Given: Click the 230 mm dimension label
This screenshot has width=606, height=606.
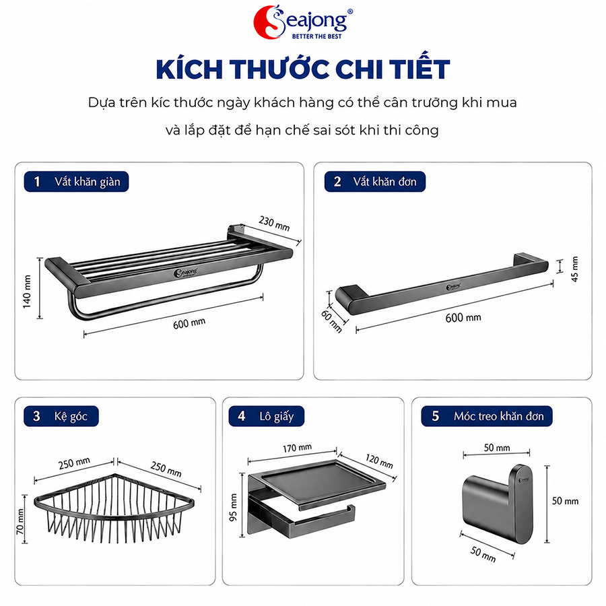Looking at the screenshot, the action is coord(274,224).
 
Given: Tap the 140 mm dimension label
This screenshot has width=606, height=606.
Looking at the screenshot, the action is coord(27,292).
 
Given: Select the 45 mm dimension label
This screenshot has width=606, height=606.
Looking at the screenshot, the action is coord(574,269).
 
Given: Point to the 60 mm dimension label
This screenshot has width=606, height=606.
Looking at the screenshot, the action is coord(332,321).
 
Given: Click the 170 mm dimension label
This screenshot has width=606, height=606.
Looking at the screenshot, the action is coord(297,448).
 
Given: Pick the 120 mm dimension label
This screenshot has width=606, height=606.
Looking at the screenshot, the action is coord(379,461).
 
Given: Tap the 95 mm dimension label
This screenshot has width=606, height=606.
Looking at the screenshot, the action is coord(233,508).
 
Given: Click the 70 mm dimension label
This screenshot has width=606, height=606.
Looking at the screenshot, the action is coord(20,521).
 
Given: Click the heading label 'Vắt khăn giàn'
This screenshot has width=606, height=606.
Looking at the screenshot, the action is coord(88,182).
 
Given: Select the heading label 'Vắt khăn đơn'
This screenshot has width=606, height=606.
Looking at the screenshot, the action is coord(384,182).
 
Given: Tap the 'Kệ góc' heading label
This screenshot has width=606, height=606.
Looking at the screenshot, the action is coord(71,416).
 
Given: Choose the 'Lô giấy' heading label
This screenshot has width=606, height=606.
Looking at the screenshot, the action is coord(276,416).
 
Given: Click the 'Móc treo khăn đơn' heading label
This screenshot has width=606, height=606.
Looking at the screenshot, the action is coord(498,416).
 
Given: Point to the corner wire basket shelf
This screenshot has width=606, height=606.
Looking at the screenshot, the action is coord(114,508).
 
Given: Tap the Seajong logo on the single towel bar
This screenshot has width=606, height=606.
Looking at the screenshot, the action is coord(453,287).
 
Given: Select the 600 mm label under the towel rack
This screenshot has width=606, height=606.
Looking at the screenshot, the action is coord(189,323).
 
